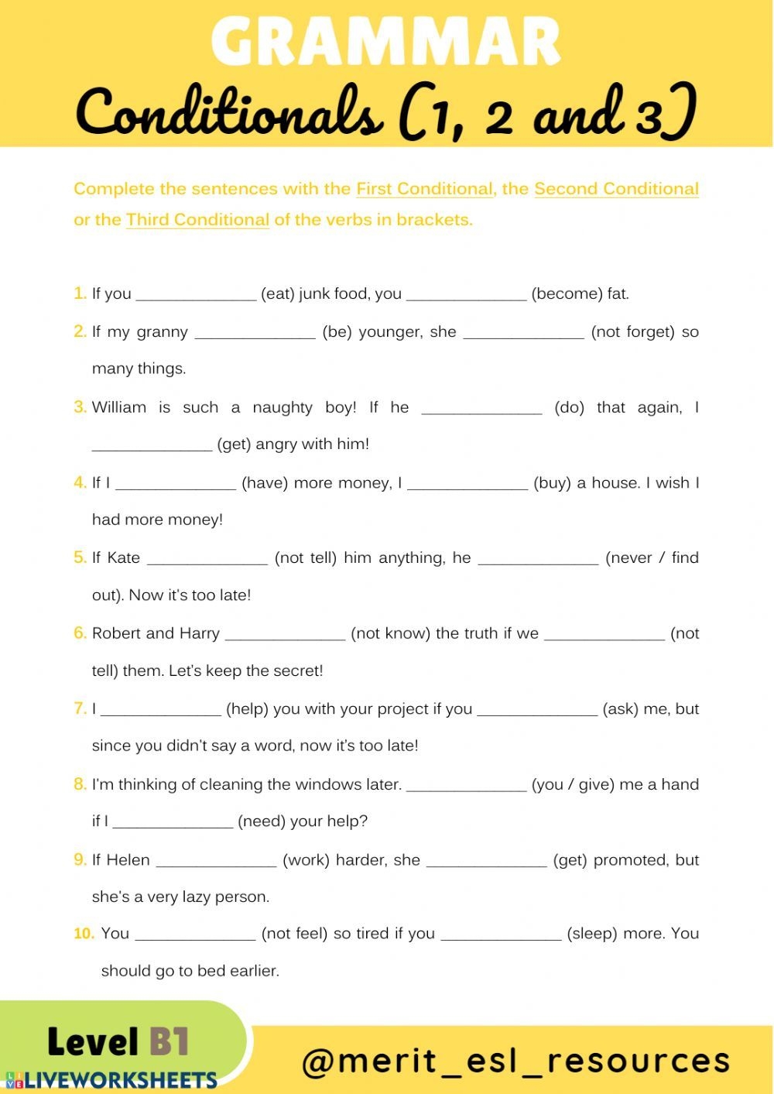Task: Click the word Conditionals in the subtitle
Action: tap(229, 113)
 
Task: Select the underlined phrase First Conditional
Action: tap(424, 189)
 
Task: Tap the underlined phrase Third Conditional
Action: tap(197, 220)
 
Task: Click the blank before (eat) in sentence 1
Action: tap(195, 295)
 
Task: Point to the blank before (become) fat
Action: tap(466, 295)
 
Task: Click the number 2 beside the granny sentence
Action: tap(80, 332)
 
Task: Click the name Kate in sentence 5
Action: tap(124, 558)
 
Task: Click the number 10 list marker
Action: tap(84, 934)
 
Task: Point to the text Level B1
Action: tap(118, 1042)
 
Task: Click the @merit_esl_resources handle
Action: tap(515, 1061)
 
